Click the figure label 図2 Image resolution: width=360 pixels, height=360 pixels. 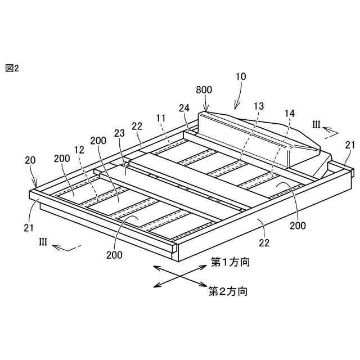click(x=12, y=68)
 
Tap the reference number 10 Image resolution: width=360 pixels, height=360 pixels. click(x=240, y=77)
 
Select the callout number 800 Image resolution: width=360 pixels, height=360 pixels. click(x=204, y=90)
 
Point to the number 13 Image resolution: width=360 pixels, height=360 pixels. click(x=258, y=106)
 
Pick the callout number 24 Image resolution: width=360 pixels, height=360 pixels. click(x=184, y=107)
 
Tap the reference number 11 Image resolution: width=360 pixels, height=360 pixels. click(x=161, y=118)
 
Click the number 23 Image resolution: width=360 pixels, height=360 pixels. click(x=119, y=134)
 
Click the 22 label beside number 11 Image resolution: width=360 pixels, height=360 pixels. click(x=138, y=127)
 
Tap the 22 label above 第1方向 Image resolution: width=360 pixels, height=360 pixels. click(x=264, y=243)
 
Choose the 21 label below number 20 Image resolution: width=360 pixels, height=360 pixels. click(x=29, y=227)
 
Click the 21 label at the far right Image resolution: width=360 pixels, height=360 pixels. click(x=350, y=145)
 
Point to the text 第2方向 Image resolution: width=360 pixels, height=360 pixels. click(x=228, y=291)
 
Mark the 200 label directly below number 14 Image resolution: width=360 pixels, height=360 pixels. click(x=298, y=226)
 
